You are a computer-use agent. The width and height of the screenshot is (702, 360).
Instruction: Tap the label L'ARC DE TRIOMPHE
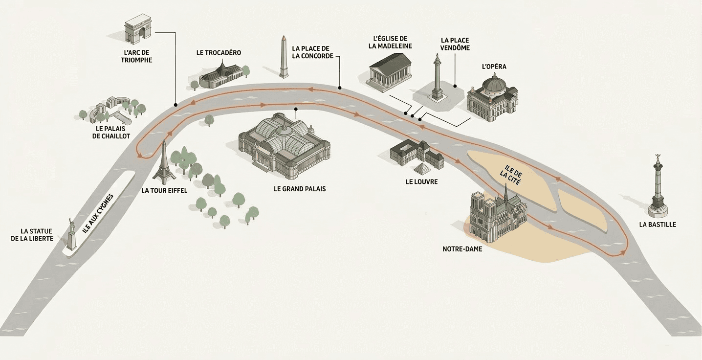138,56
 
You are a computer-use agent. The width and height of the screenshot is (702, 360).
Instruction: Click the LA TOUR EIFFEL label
164,191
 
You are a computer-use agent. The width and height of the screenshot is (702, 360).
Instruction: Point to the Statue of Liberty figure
71,235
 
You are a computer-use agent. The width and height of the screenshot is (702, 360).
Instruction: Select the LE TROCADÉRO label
219,53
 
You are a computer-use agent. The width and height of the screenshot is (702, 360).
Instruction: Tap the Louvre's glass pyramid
420,170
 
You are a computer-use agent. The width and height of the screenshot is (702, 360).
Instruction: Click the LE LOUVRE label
421,182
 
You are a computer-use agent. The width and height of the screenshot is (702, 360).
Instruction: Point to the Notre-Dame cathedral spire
505,193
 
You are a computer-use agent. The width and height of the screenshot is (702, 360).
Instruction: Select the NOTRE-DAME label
462,249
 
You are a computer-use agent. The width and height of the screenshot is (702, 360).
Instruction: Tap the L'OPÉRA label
494,67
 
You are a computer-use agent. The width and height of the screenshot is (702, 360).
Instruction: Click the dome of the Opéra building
494,84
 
